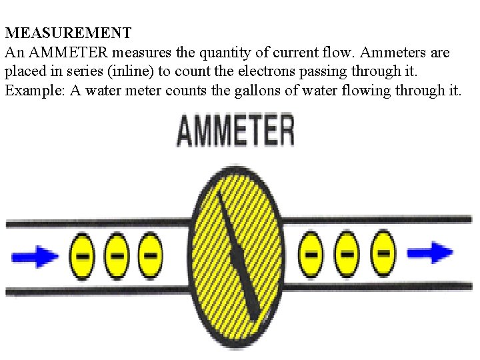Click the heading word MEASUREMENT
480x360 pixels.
(x=68, y=32)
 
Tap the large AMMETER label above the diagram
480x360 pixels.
(x=235, y=131)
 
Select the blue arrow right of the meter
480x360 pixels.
(x=430, y=253)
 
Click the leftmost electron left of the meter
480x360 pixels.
(x=83, y=256)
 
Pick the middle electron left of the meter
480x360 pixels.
(x=117, y=256)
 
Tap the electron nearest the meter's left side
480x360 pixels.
(x=150, y=256)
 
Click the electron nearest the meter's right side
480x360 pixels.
(x=311, y=253)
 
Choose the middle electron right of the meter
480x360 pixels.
(x=347, y=253)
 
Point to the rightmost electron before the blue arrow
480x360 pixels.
(x=383, y=253)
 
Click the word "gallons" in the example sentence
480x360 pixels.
(x=257, y=91)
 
